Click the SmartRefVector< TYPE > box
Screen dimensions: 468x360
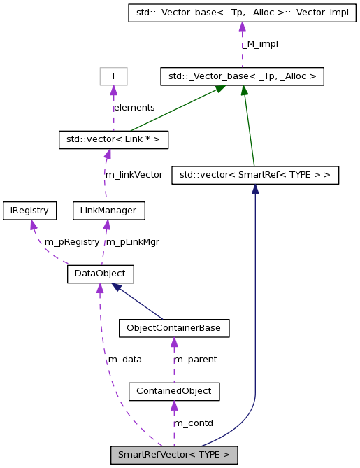pos(174,455)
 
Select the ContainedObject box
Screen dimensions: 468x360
pos(174,391)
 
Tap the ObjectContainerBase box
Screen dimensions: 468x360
pos(174,327)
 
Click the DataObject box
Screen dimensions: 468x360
pos(100,274)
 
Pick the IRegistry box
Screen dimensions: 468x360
pos(29,210)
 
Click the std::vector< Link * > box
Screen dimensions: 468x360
pos(113,139)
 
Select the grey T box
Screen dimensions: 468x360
pos(113,76)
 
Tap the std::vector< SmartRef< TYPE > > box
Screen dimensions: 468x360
pos(255,174)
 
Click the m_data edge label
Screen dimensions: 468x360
pos(125,360)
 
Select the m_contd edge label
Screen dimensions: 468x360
pos(193,423)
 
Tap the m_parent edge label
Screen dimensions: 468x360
pos(195,360)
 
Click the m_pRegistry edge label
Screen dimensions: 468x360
pos(72,242)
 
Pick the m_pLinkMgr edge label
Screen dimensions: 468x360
pos(132,242)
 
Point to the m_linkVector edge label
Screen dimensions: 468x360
pos(134,174)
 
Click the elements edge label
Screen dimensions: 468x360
pos(134,108)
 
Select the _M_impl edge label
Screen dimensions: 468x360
pos(261,44)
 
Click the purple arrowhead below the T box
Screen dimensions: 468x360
pos(113,90)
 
